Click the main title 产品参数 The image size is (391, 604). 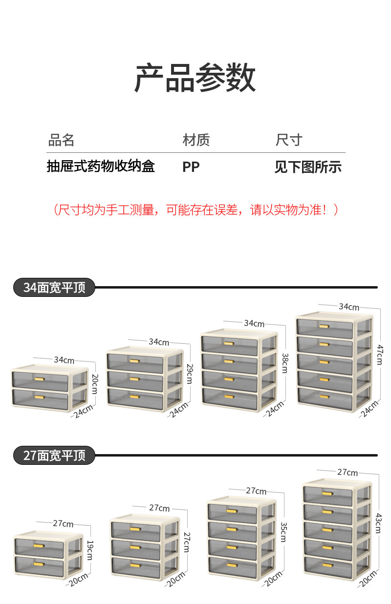point(195,78)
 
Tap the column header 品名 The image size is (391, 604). point(61,141)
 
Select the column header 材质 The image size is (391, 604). point(196,141)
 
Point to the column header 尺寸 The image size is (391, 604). point(289,141)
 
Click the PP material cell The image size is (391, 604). point(191,167)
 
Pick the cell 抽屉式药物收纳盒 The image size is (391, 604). point(101,167)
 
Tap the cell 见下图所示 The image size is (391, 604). point(308,167)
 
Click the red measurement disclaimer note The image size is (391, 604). point(195,210)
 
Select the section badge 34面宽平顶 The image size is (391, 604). point(54,287)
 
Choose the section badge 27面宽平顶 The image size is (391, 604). point(54,455)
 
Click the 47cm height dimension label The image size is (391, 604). point(379,354)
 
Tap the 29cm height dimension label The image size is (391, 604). point(190,373)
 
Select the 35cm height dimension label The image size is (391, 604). point(283,532)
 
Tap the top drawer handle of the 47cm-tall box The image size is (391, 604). point(324,326)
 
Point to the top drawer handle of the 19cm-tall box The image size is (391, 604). point(38,545)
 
